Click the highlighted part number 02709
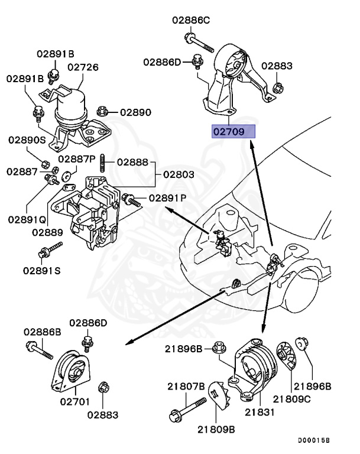point(233,131)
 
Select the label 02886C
point(191,20)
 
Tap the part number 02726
point(82,67)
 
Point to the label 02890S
point(27,140)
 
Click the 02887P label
point(77,159)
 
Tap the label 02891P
point(167,198)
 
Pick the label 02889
point(48,232)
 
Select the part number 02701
point(74,402)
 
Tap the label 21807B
point(185,386)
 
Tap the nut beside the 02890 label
point(102,110)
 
